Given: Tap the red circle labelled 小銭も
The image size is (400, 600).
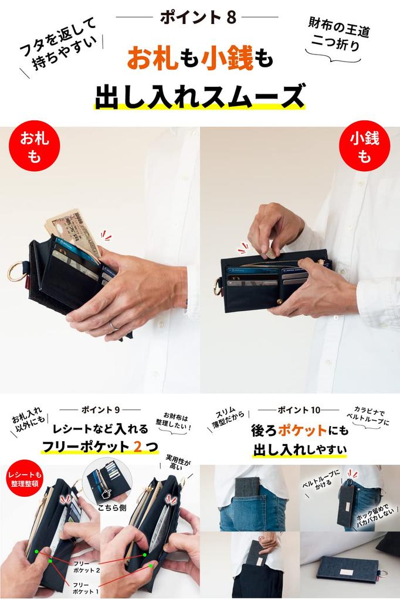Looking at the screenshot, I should pos(365,146).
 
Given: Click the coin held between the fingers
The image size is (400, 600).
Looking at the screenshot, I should pos(269,251).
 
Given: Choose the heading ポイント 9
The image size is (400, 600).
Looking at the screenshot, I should pos(100,409).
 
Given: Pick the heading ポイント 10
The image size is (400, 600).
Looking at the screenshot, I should pos(300,409).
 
